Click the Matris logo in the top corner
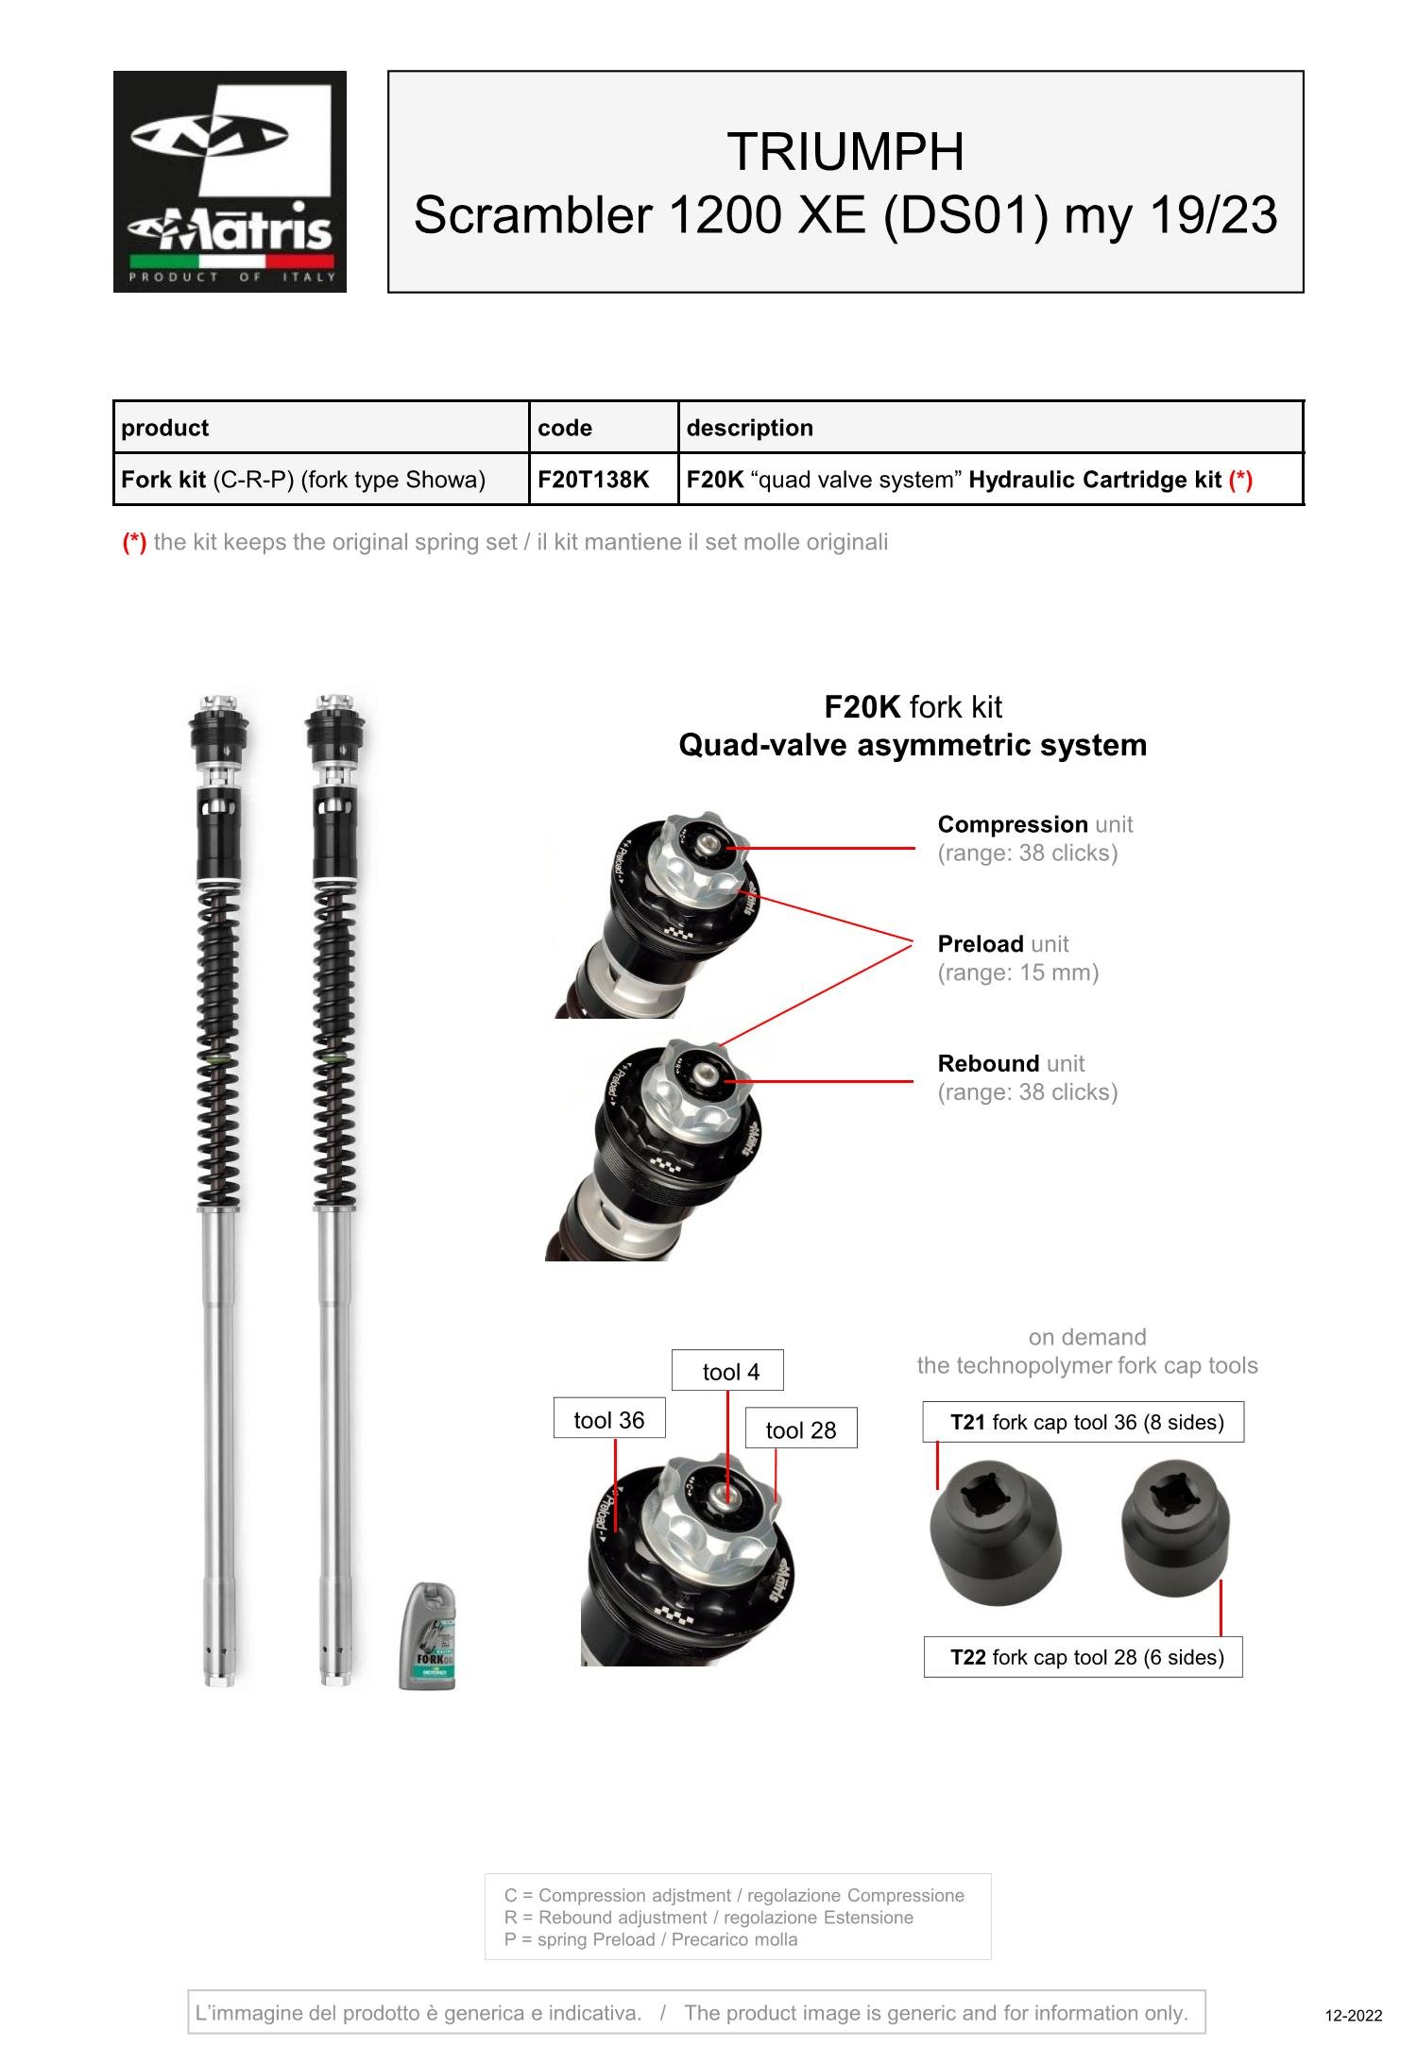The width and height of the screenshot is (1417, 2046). [230, 181]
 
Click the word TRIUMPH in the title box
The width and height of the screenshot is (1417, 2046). [845, 151]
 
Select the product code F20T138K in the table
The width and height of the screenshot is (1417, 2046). [593, 480]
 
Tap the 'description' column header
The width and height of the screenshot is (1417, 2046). [749, 428]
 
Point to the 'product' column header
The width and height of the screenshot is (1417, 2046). [164, 428]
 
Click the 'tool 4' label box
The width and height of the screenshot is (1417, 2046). [727, 1371]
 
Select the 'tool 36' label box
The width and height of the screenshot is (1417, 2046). [609, 1418]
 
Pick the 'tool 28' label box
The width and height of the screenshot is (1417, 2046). [801, 1429]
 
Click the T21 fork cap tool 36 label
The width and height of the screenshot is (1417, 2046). [1084, 1422]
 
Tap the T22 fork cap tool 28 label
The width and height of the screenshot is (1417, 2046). [1084, 1657]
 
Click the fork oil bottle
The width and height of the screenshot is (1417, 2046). [428, 1636]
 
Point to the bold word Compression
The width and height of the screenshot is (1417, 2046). [1013, 824]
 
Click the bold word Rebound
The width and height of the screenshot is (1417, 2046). [988, 1063]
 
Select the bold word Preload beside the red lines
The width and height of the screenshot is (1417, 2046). [981, 944]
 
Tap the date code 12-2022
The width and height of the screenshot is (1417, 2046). [1354, 2016]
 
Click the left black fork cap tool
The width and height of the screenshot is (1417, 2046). [996, 1531]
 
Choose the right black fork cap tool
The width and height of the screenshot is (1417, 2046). [1176, 1528]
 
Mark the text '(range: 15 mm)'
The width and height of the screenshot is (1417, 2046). [1018, 972]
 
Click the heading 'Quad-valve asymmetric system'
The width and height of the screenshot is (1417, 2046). [913, 745]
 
